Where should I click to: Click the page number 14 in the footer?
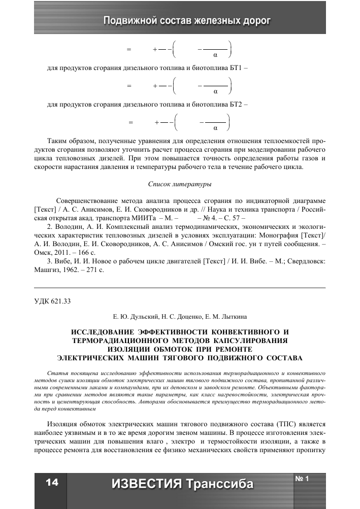(52, 483)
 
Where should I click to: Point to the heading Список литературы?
(180, 184)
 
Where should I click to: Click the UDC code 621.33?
(60, 301)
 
